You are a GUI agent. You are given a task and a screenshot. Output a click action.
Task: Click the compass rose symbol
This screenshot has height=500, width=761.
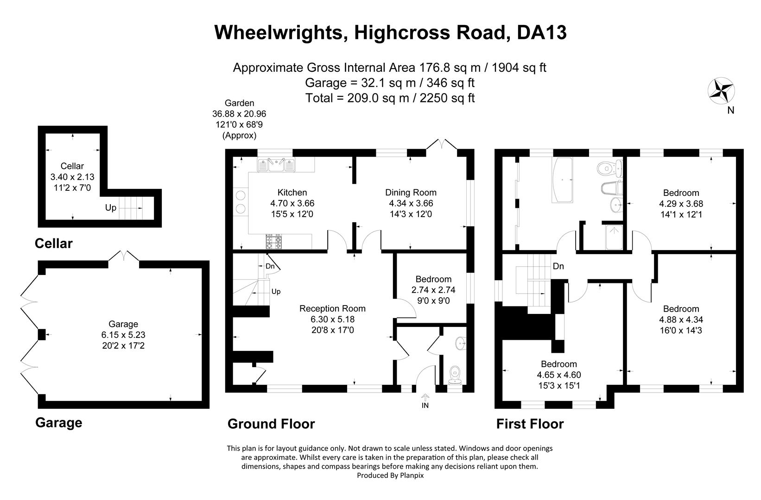tap(721, 89)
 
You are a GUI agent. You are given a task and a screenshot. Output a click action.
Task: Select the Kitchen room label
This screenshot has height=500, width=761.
tap(292, 193)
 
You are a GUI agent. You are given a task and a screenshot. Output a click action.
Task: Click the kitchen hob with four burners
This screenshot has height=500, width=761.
tap(273, 242)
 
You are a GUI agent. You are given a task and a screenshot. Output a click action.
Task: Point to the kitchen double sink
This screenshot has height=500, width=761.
tap(276, 164)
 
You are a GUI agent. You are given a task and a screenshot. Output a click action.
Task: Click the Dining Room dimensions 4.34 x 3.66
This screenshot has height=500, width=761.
tap(411, 203)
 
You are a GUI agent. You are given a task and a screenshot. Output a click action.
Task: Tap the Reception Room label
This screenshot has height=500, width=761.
tap(332, 308)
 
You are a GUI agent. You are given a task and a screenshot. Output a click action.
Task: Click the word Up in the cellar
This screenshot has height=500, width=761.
tap(110, 208)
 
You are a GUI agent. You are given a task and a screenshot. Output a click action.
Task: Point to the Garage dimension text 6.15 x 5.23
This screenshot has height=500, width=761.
tap(123, 335)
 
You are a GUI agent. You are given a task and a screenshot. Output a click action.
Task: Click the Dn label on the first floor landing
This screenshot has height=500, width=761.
tap(558, 267)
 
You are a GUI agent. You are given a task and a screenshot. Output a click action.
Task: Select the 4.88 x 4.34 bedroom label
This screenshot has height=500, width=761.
tap(680, 319)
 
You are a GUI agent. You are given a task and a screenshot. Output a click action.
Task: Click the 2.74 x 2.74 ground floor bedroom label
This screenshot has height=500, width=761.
tap(433, 290)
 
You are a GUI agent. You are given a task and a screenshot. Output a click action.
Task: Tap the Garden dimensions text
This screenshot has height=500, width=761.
tap(239, 114)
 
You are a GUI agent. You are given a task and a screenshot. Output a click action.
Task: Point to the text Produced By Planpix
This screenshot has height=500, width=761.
tap(390, 475)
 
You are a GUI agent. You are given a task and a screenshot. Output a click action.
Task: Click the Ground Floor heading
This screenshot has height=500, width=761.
tap(271, 424)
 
